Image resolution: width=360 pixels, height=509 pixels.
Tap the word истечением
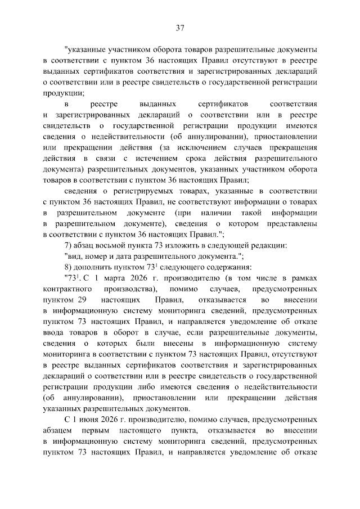[x=163, y=158]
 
